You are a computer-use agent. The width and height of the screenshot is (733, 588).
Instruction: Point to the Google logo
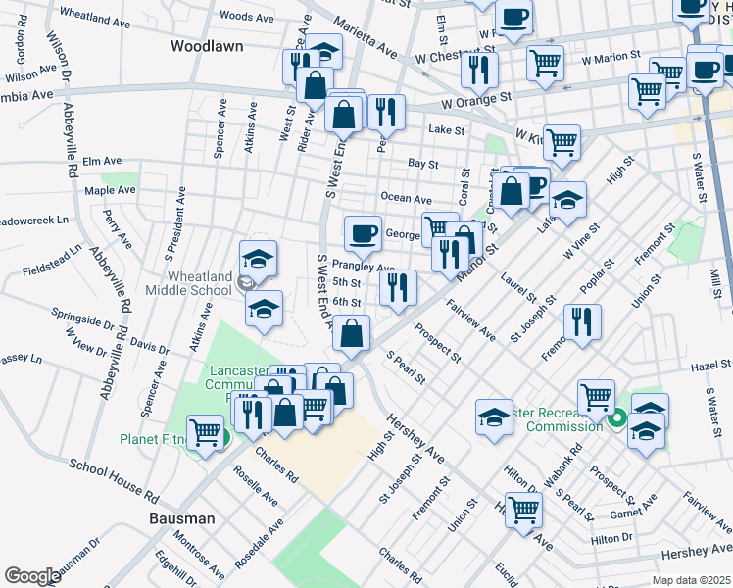(x=32, y=576)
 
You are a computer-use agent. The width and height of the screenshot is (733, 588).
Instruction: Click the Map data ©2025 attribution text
(x=690, y=580)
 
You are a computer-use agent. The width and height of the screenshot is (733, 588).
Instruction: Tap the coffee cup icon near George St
(x=363, y=233)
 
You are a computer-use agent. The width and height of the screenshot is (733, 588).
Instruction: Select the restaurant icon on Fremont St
(x=583, y=320)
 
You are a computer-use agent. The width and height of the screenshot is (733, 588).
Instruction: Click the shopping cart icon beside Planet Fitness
(x=205, y=431)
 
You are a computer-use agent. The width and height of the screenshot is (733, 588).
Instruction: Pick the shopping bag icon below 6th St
(x=352, y=334)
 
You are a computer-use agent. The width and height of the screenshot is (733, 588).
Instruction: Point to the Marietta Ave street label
(x=364, y=36)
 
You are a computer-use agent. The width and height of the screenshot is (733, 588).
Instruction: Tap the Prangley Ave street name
(x=363, y=267)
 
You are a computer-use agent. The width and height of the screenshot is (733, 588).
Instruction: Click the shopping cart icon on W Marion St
(x=546, y=64)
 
